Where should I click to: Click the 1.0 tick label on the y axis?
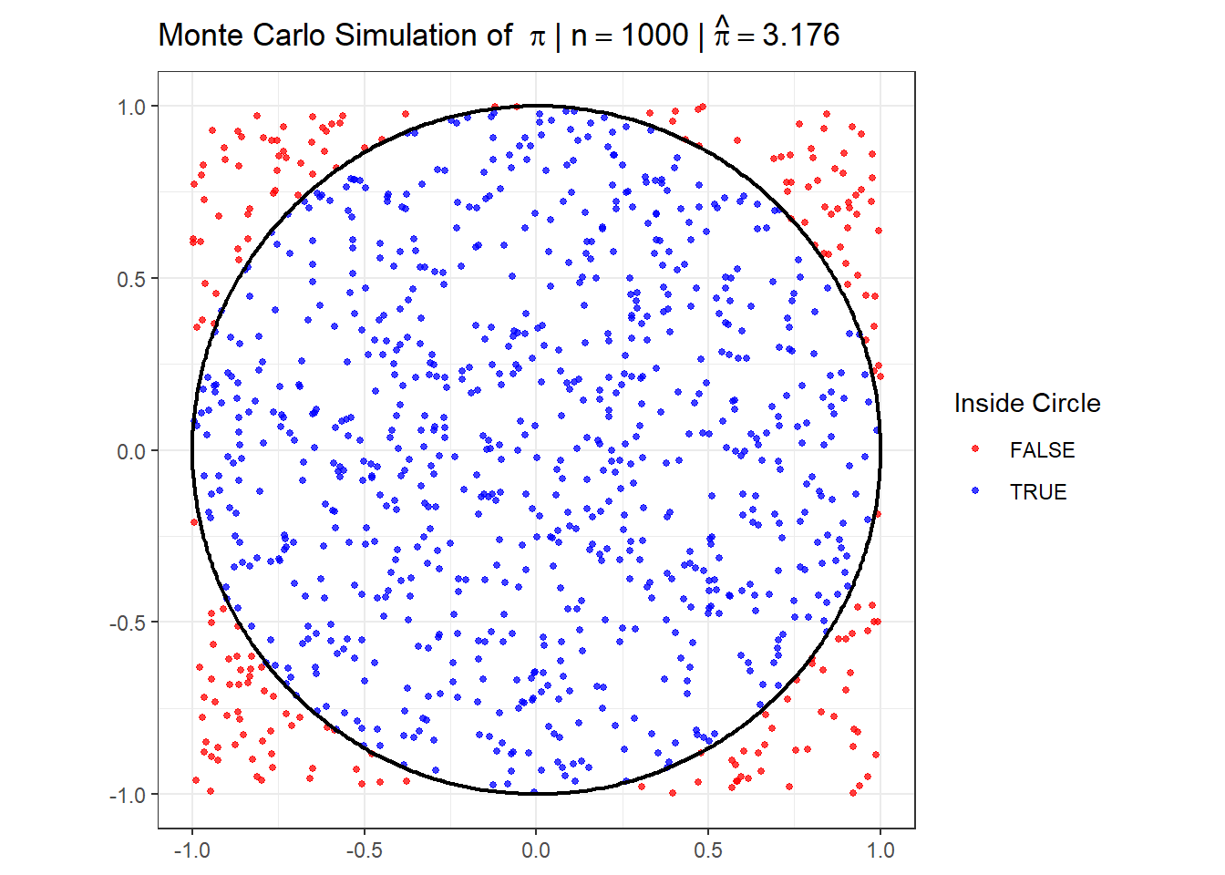point(131,108)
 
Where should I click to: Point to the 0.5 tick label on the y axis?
point(131,279)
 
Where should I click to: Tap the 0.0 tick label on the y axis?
point(131,451)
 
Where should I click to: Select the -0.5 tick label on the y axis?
point(129,623)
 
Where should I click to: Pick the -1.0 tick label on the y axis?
point(129,796)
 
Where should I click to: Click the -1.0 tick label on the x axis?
point(191,850)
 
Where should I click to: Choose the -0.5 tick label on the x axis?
point(364,850)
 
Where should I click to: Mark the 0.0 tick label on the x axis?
point(536,850)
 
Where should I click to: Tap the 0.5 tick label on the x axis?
point(708,850)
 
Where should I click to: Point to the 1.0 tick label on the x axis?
point(880,850)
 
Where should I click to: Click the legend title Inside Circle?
point(1027,403)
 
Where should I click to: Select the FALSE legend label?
point(1042,450)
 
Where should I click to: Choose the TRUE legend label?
point(1038,492)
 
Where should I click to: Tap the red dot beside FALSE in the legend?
point(975,449)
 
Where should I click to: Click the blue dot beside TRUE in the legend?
point(975,491)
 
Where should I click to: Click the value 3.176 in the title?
point(801,36)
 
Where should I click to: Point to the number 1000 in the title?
point(654,36)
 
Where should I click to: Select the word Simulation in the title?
point(405,36)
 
